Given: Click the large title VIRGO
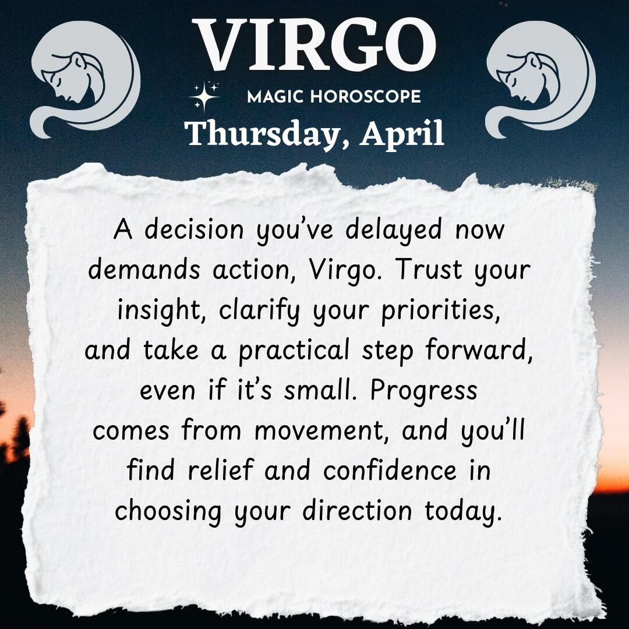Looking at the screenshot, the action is click(314, 45).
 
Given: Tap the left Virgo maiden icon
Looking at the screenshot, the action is click(86, 79).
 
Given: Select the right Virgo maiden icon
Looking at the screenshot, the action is click(540, 79).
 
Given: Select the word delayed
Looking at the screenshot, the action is click(394, 231).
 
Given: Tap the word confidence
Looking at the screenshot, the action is click(390, 470).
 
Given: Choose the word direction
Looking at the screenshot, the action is click(357, 511).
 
